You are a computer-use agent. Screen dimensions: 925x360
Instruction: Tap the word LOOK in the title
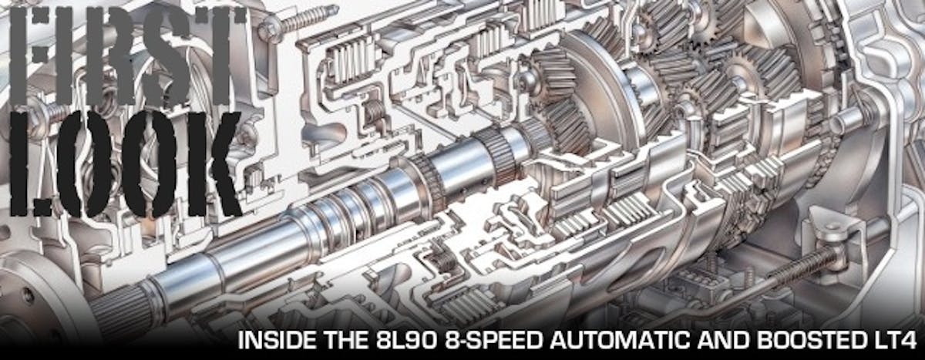pos(126,164)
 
